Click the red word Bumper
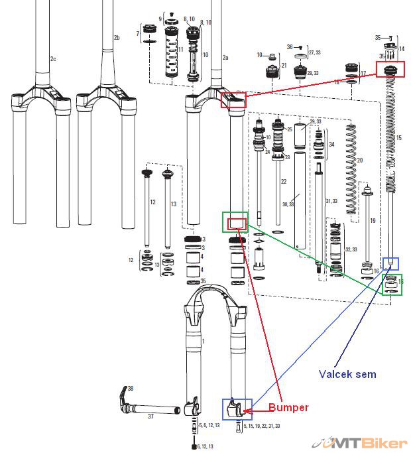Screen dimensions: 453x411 coord(288,407)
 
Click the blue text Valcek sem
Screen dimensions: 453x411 coord(347,374)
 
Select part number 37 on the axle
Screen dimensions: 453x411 coord(150,417)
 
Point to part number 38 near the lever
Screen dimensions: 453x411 coord(131,388)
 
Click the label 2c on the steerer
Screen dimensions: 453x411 coord(54,60)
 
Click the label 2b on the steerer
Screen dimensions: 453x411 coord(117,38)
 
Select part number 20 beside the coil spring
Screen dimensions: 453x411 coord(360,161)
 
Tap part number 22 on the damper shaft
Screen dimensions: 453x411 coord(283,181)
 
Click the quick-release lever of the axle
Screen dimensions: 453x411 coord(123,397)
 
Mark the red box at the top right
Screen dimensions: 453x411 coord(390,69)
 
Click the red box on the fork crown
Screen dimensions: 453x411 coord(233,100)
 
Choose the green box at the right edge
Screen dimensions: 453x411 coord(390,285)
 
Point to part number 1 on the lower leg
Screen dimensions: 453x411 coord(203,341)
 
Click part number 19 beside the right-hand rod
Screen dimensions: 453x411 coord(373,220)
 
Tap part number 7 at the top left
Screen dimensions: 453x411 coord(137,32)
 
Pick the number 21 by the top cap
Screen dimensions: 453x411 coord(284,65)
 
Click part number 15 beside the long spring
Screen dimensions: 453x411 coord(398,137)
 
